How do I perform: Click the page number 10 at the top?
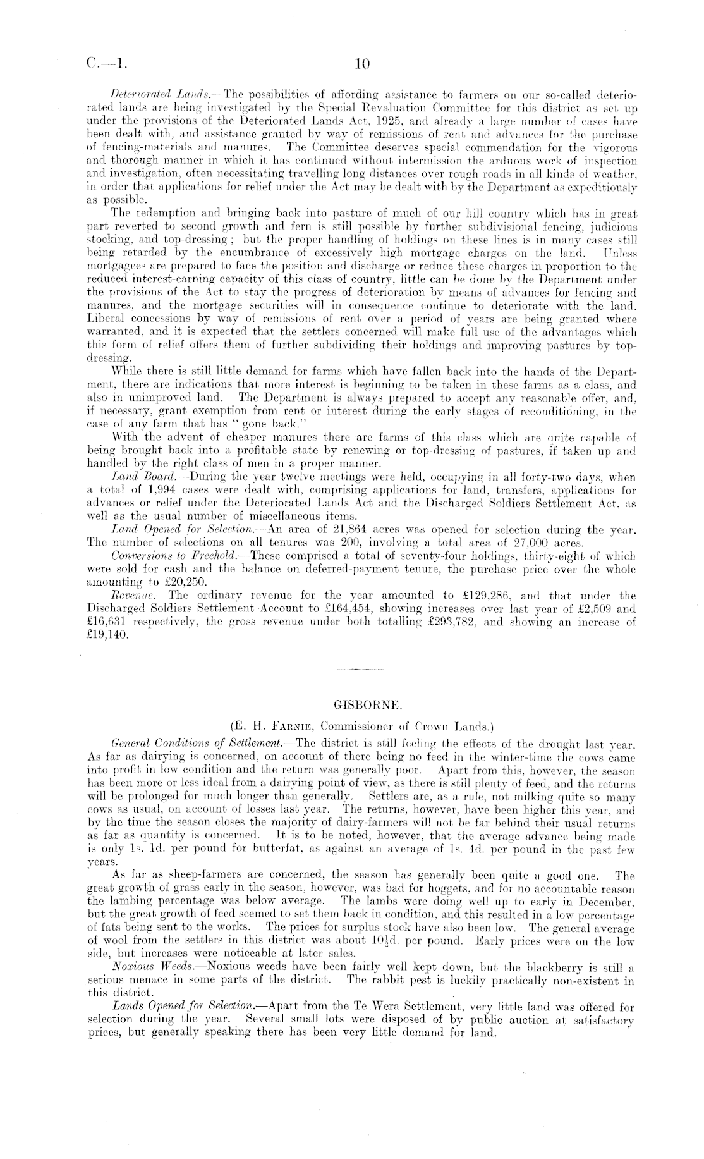point(362,64)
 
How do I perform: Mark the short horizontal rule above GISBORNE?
point(360,668)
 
